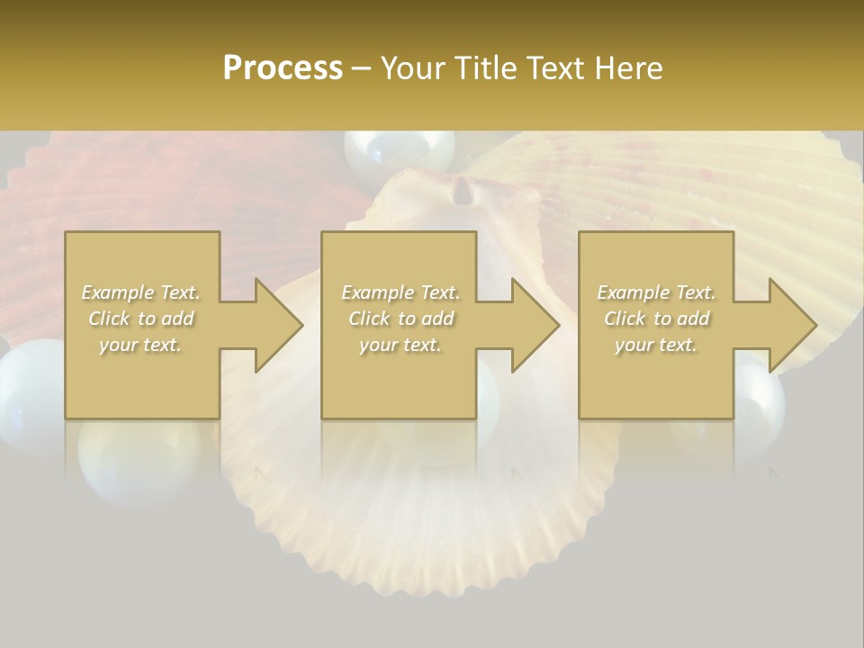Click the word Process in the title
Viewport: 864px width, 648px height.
tap(283, 67)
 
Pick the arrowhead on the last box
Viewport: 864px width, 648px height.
tap(791, 325)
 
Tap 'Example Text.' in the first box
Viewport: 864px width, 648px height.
tap(141, 292)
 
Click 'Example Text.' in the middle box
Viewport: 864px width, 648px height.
tap(400, 292)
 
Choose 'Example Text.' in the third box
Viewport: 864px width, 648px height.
tap(656, 292)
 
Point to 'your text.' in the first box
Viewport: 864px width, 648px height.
tap(141, 345)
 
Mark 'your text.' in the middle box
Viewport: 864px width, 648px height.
tap(400, 345)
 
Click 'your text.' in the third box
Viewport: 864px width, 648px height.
tap(656, 345)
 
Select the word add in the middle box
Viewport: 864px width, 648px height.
tap(437, 319)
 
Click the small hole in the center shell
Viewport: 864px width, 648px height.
tap(463, 189)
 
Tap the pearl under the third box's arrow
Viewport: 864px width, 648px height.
tap(761, 396)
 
